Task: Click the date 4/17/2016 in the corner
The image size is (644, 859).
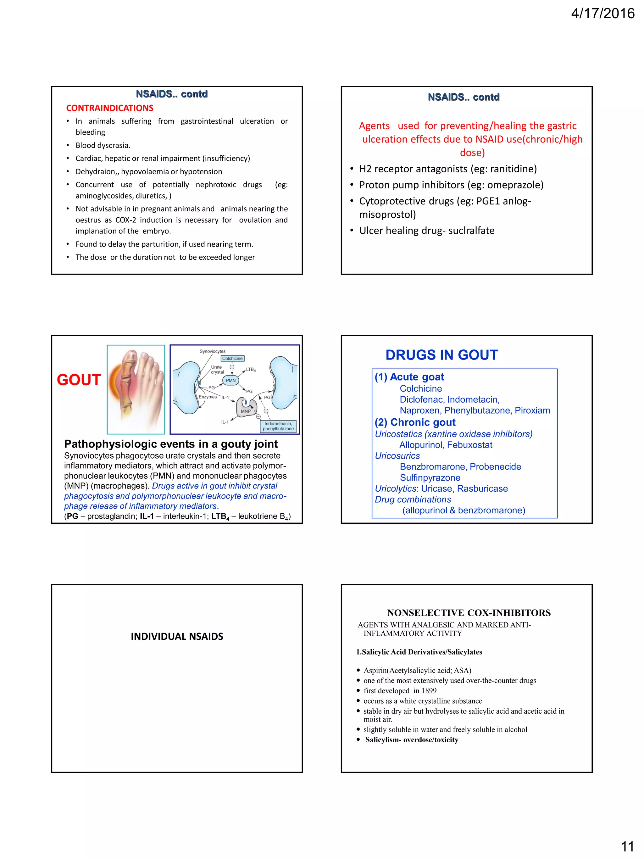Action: point(602,14)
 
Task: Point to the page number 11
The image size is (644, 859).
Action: point(627,846)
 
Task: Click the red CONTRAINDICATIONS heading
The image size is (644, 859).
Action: point(109,108)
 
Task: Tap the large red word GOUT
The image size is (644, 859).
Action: point(79,379)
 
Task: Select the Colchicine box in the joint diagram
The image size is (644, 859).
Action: point(232,359)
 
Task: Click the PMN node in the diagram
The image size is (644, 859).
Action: point(230,381)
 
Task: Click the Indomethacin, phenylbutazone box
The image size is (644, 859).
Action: point(278,426)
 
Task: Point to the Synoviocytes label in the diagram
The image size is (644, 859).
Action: point(212,351)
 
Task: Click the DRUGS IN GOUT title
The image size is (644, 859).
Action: point(441,355)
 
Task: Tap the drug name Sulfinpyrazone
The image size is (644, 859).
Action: point(430,478)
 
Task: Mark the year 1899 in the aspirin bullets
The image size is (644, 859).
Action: point(429,690)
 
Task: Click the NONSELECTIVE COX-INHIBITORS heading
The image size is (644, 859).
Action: point(469,613)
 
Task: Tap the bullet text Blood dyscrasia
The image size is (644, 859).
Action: point(103,145)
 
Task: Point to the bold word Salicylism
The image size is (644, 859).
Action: point(382,739)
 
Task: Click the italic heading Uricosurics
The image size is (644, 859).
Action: point(397,456)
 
